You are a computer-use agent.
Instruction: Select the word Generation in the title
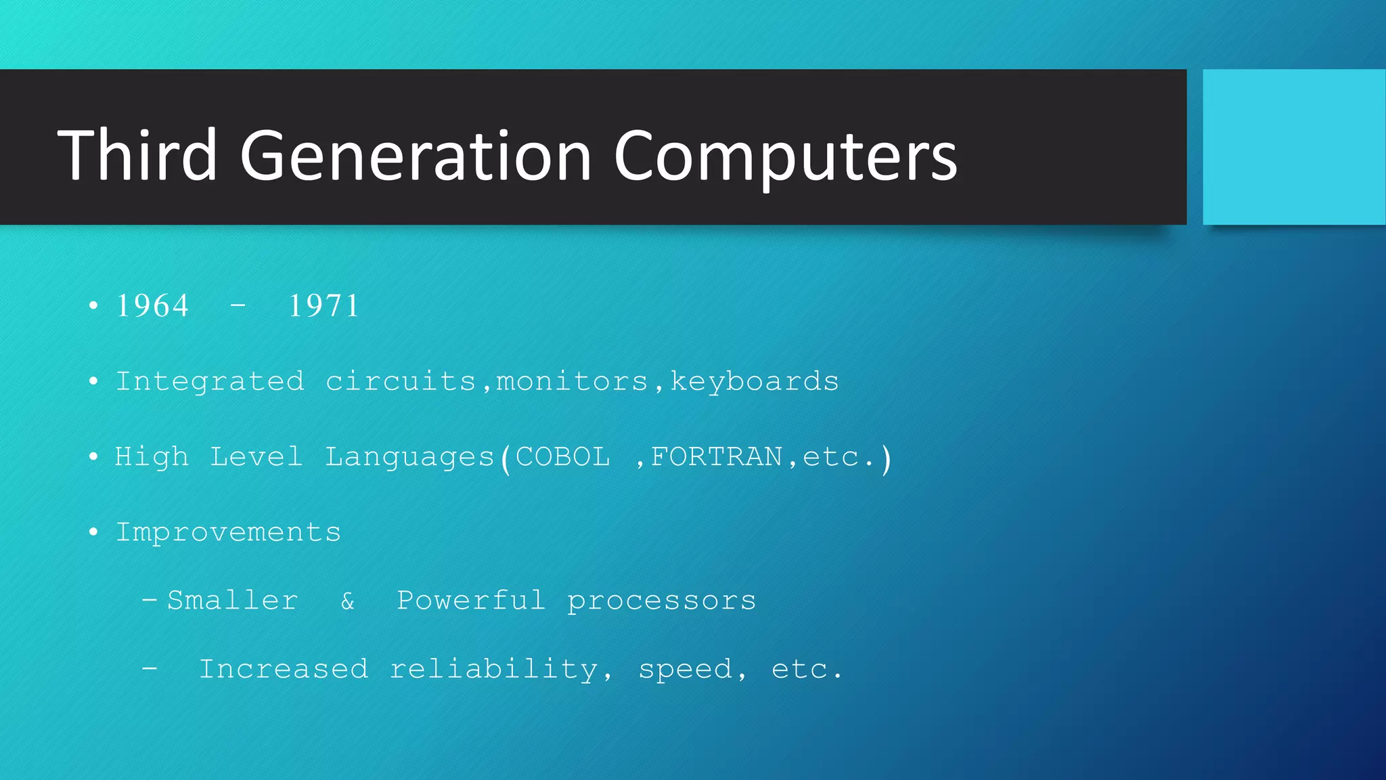point(416,157)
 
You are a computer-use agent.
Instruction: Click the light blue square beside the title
point(1293,147)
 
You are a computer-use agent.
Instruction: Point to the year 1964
point(152,306)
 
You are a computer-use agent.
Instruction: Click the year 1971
point(323,306)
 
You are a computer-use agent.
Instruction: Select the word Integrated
point(210,382)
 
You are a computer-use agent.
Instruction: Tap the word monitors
point(572,382)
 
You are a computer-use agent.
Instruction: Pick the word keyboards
point(754,382)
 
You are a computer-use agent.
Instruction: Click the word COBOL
point(562,457)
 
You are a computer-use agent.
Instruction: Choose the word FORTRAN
point(716,457)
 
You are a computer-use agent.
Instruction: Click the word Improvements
point(228,533)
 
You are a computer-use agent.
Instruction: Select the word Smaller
point(232,601)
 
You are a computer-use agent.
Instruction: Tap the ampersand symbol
point(347,601)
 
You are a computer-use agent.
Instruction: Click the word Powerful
point(470,601)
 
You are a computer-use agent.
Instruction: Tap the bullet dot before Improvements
point(93,532)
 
